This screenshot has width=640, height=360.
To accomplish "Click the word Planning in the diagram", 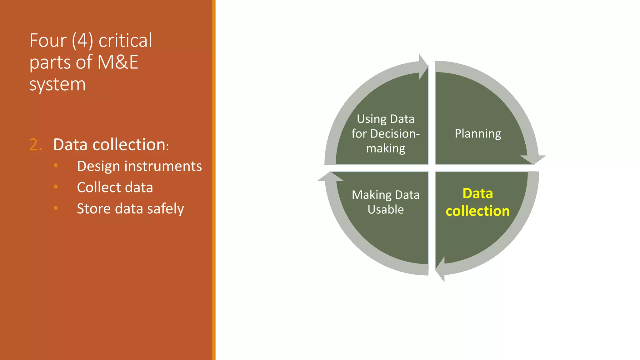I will click(x=477, y=134).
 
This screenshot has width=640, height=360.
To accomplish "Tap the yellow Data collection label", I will click(x=477, y=202).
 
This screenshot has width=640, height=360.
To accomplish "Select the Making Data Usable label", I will click(x=385, y=202).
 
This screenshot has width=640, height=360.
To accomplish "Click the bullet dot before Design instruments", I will click(x=56, y=165).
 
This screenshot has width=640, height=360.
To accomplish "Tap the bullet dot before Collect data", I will click(x=56, y=187).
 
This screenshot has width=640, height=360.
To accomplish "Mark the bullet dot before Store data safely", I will click(x=56, y=208).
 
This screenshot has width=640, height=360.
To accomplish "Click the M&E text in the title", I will click(x=117, y=62).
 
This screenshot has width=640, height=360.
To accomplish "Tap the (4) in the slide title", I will click(x=82, y=41).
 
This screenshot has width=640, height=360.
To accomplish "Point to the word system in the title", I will click(x=57, y=84).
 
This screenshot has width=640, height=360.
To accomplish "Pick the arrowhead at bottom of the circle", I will click(x=441, y=269).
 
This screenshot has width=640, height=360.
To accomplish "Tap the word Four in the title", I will click(x=48, y=41).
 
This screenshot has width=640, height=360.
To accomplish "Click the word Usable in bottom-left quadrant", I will click(x=385, y=209).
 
